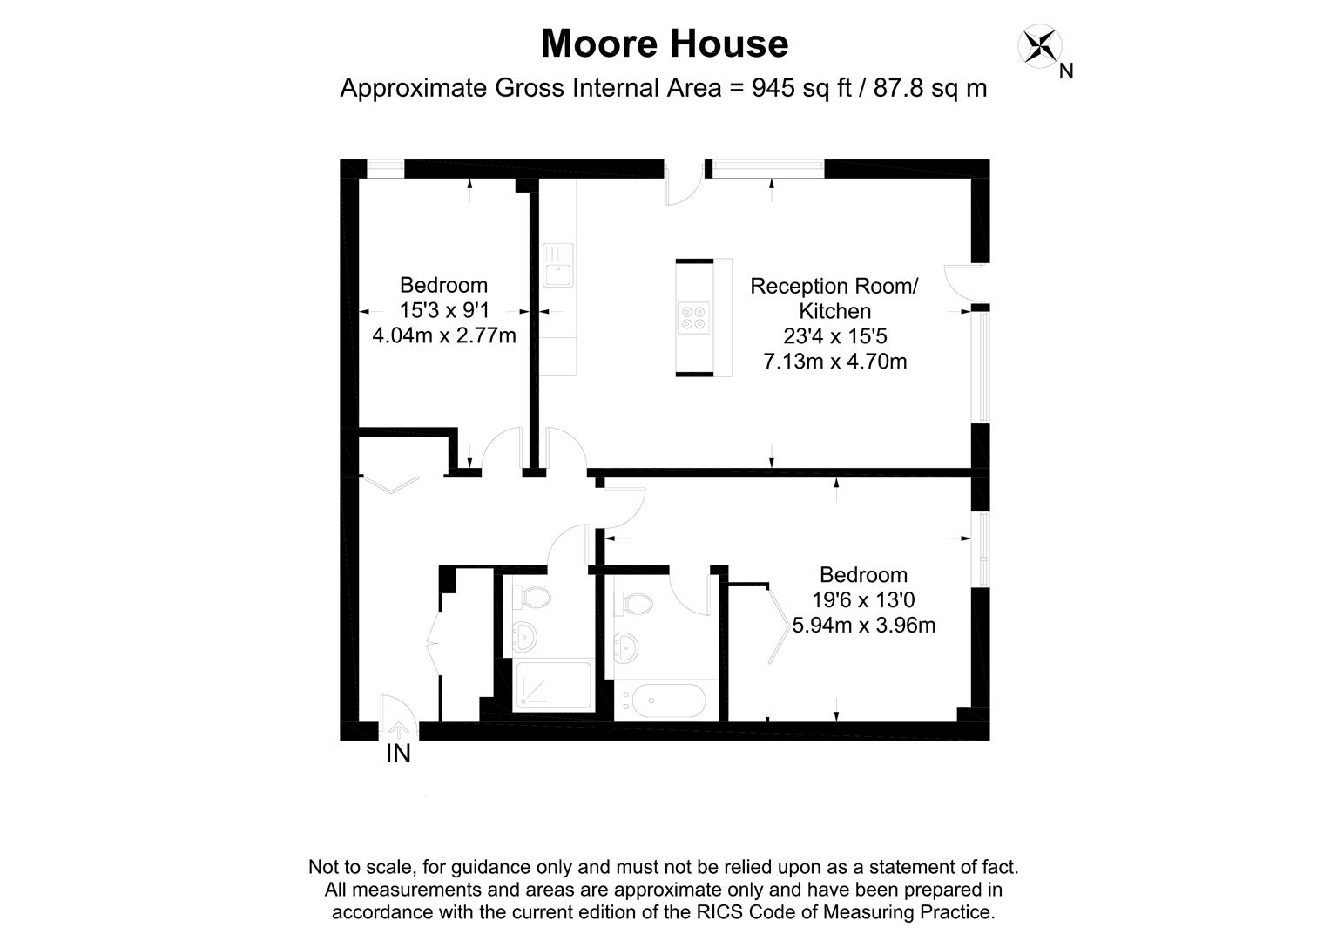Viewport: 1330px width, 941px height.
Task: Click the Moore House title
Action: click(x=665, y=44)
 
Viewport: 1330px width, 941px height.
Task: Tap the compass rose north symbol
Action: click(x=1040, y=46)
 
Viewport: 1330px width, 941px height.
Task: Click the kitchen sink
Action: click(x=557, y=265)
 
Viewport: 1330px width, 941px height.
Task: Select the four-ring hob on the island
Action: click(x=694, y=317)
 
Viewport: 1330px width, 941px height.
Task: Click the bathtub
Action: click(x=668, y=701)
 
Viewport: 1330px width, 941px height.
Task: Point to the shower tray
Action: click(x=551, y=685)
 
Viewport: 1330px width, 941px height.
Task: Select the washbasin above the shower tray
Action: click(x=525, y=637)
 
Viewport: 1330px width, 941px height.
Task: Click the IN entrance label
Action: click(x=398, y=754)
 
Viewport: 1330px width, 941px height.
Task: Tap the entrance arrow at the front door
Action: click(x=399, y=729)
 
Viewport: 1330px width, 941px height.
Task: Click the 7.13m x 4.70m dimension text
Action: click(x=835, y=361)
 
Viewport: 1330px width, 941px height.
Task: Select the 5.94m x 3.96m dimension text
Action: click(x=864, y=625)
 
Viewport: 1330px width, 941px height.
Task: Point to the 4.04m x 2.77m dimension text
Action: click(x=444, y=335)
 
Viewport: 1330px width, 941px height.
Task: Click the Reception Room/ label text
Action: click(x=834, y=286)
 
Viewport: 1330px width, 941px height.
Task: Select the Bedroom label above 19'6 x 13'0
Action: click(x=864, y=575)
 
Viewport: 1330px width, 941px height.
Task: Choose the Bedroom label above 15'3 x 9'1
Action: click(x=443, y=285)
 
